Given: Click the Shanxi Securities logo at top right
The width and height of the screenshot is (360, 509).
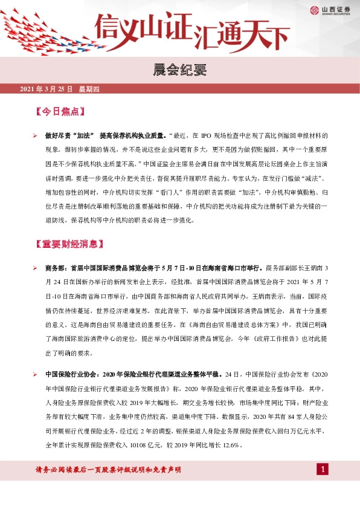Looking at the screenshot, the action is (x=332, y=10).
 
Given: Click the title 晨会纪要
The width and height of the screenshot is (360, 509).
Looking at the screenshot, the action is (x=180, y=70).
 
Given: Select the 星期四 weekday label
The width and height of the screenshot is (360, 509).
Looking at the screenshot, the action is (x=89, y=89).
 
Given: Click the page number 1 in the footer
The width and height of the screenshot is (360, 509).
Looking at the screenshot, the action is (x=323, y=470).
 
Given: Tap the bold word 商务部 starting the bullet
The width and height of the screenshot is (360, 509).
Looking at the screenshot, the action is (x=56, y=268).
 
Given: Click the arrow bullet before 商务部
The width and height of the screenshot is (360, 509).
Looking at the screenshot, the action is (x=36, y=268).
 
